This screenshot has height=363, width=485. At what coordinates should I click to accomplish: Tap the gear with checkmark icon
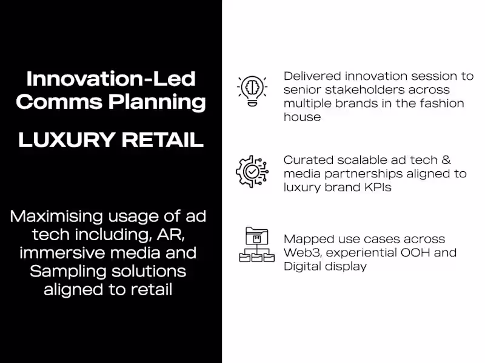[251, 171]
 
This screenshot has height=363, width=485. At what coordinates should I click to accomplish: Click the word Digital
[302, 266]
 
